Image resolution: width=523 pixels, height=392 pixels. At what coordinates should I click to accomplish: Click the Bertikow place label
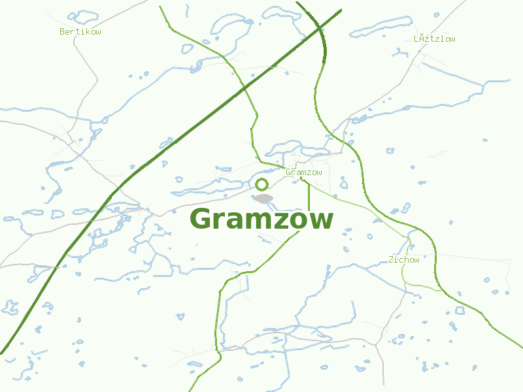click(x=80, y=31)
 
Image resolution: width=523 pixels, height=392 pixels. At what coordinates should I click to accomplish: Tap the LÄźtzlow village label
click(x=434, y=39)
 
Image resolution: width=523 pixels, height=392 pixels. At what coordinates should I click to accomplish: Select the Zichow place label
click(x=403, y=260)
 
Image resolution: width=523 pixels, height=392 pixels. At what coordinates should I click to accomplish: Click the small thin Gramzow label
click(x=304, y=172)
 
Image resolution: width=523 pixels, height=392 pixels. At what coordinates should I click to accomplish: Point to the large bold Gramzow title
click(x=261, y=219)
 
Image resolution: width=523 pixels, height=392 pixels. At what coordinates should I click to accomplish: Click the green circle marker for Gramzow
click(x=262, y=184)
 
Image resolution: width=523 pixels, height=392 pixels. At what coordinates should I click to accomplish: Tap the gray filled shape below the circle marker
click(x=263, y=198)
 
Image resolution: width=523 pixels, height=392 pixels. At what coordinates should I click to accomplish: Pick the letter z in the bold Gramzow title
click(x=282, y=221)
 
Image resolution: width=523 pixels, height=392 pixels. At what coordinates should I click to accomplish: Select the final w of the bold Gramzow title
click(x=322, y=221)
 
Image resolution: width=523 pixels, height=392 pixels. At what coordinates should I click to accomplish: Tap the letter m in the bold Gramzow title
click(x=258, y=221)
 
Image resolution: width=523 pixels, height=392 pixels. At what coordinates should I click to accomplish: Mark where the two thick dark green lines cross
click(x=320, y=26)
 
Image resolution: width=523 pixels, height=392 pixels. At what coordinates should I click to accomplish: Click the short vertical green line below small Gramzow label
click(x=309, y=196)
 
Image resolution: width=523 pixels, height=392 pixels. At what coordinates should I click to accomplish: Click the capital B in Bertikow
click(x=62, y=31)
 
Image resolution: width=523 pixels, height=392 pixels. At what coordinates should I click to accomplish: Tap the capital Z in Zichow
click(x=391, y=260)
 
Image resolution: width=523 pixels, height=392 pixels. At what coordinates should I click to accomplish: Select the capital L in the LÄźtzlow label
click(x=416, y=39)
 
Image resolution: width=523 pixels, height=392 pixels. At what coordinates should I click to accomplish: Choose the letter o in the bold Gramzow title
click(x=301, y=221)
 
